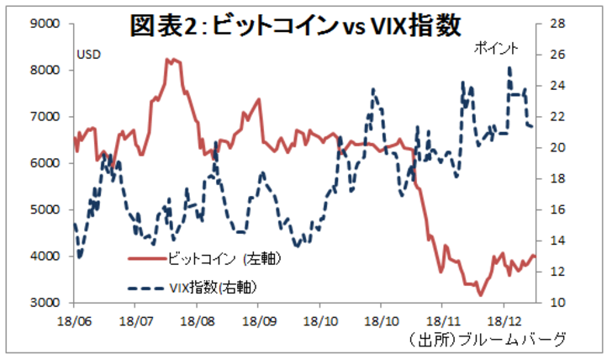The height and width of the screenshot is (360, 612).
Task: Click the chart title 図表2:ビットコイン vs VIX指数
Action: pyautogui.click(x=296, y=26)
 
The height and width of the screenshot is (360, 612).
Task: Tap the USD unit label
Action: pyautogui.click(x=89, y=55)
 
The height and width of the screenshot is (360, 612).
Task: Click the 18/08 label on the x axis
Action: pyautogui.click(x=196, y=320)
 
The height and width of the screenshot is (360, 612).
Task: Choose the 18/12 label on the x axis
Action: pyautogui.click(x=504, y=320)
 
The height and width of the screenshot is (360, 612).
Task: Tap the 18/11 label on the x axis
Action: pyautogui.click(x=442, y=320)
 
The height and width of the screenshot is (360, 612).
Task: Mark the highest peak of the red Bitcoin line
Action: pyautogui.click(x=171, y=59)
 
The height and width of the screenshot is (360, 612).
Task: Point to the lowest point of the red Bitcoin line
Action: pyautogui.click(x=480, y=295)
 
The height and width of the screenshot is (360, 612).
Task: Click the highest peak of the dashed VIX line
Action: pyautogui.click(x=509, y=68)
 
